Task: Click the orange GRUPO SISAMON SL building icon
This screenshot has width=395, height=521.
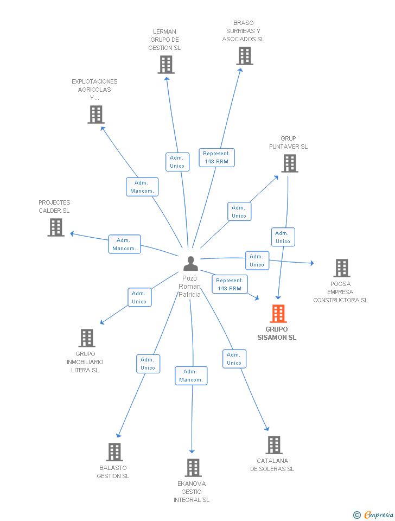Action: tap(278, 313)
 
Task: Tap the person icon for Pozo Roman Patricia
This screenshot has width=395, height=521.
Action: tap(190, 263)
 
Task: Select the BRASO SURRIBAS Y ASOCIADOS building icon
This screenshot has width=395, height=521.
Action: tap(245, 55)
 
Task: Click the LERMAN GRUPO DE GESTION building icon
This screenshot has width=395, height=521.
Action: tap(166, 65)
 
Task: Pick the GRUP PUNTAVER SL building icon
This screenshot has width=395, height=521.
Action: tap(290, 163)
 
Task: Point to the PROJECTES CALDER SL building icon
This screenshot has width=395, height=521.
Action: tap(56, 227)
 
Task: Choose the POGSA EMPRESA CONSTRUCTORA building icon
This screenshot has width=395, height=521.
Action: tap(342, 268)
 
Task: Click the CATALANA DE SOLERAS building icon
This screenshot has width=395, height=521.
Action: tap(274, 445)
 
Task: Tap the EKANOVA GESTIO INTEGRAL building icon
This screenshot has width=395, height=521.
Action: tap(193, 467)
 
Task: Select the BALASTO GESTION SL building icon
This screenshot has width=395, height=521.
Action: tap(114, 452)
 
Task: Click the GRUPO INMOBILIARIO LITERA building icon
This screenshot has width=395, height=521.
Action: tap(87, 338)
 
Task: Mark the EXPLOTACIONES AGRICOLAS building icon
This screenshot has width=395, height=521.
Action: tap(96, 115)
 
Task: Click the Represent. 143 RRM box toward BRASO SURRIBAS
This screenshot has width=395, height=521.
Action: tap(216, 157)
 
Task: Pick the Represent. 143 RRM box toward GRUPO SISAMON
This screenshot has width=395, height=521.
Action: tap(230, 284)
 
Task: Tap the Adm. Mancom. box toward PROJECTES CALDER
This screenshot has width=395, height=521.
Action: tap(125, 244)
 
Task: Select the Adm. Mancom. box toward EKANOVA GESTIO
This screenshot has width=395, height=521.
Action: tap(191, 376)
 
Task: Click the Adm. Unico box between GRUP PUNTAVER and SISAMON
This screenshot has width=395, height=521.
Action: tap(283, 237)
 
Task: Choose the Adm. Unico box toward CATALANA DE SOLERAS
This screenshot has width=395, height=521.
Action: tap(234, 359)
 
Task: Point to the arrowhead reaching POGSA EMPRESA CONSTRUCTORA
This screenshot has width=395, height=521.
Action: tap(311, 263)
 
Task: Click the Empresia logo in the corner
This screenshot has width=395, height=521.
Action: tap(373, 514)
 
